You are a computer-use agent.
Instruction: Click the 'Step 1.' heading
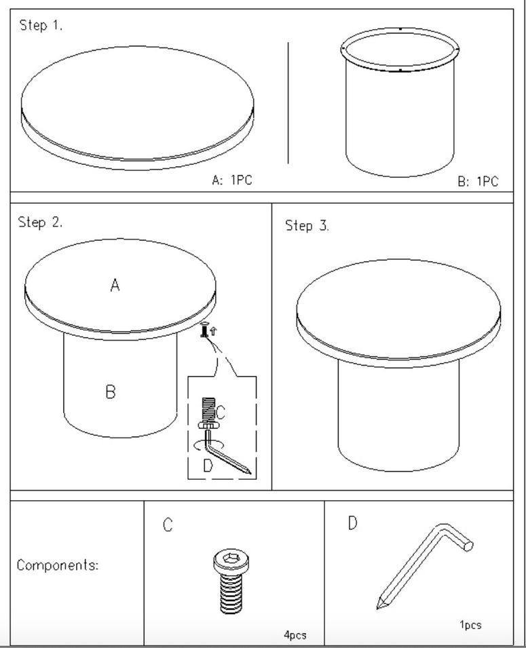coord(41,25)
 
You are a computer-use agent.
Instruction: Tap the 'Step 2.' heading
coord(40,223)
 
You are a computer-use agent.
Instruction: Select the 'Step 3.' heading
coord(307,226)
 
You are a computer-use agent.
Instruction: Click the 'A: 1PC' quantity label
coord(231,180)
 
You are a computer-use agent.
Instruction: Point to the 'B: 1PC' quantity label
coord(478,181)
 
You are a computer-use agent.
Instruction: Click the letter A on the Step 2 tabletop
coord(115,285)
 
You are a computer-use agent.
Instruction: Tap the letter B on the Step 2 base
coord(111,392)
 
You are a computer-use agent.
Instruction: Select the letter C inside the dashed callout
coord(220,412)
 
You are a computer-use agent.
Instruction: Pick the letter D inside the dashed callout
coord(208,465)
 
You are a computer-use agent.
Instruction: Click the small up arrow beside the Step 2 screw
coord(213,330)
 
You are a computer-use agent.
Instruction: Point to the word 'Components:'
coord(58,565)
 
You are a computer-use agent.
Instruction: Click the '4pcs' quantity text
coord(295,634)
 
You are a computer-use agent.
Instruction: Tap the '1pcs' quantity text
coord(470,624)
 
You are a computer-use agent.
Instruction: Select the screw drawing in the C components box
coord(231,581)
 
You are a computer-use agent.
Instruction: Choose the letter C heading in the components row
coord(168,525)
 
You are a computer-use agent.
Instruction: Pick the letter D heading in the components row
coord(352,522)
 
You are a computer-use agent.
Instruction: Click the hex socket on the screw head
coord(230,558)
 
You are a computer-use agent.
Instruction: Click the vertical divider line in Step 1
coord(288,102)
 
